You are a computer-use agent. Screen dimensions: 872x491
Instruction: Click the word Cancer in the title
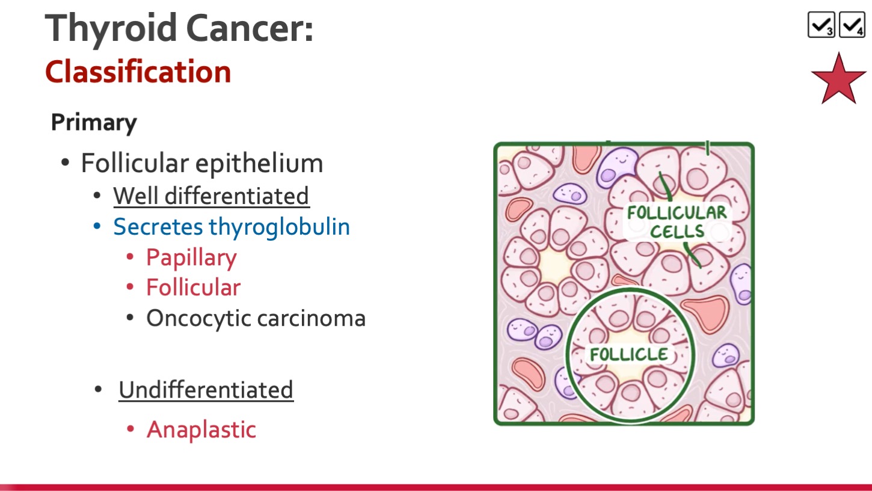coord(250,28)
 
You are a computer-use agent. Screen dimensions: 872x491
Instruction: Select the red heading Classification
coord(138,72)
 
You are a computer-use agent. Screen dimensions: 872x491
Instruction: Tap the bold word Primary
coord(94,123)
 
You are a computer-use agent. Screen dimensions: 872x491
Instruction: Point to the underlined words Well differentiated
coord(211,196)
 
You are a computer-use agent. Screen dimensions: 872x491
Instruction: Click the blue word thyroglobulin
coord(279,227)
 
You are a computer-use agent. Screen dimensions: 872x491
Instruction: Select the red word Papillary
coord(191,258)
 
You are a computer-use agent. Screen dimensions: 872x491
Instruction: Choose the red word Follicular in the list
coord(194,288)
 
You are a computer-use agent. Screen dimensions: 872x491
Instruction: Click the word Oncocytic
coord(198,319)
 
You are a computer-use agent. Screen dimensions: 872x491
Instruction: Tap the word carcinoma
coord(312,318)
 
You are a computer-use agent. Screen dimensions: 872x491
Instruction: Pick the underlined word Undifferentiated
coord(206,390)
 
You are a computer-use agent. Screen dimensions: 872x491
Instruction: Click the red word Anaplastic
coord(201,430)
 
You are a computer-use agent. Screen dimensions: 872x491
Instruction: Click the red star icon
coord(838,79)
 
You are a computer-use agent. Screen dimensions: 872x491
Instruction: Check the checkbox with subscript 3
coord(821,25)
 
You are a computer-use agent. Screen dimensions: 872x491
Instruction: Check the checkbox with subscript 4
coord(852,25)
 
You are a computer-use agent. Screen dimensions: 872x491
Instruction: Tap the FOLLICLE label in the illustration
coord(628,354)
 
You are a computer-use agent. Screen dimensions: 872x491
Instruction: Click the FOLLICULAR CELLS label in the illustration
coord(677,222)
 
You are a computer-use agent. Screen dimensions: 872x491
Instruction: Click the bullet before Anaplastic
coord(130,429)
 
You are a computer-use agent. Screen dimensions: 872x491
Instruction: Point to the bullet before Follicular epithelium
coord(65,162)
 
